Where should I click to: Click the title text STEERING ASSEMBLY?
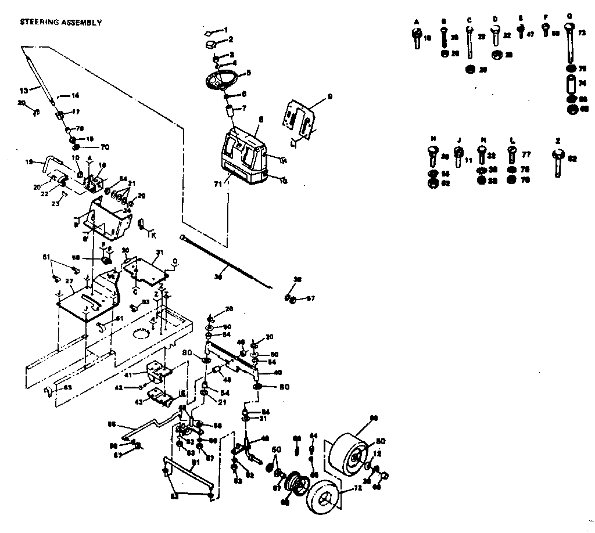pos(61,23)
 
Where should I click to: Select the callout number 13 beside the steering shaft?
pos(24,91)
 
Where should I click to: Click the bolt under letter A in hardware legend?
pos(416,38)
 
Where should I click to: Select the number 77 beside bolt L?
pos(526,155)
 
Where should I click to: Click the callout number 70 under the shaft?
pos(105,147)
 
